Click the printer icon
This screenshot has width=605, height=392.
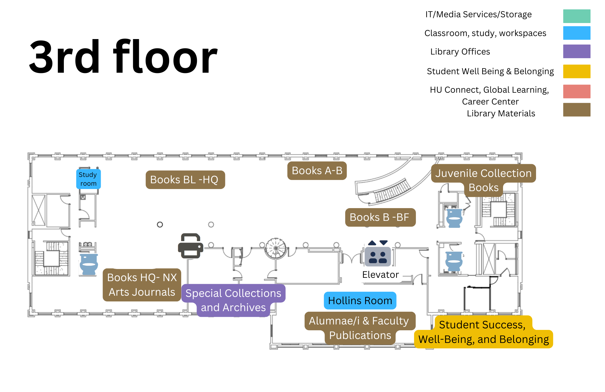pos(190,246)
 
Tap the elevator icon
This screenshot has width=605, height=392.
pos(378,256)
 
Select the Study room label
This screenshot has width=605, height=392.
pos(88,179)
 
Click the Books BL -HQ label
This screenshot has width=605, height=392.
pos(185,180)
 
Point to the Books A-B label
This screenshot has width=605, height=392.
pos(317,171)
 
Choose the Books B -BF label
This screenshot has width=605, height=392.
pos(380,217)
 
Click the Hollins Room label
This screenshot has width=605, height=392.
pos(360,301)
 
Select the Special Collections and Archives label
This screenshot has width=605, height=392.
pos(233,300)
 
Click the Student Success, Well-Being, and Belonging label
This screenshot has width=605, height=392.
pos(483,332)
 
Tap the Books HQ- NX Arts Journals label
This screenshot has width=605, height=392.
pos(142,285)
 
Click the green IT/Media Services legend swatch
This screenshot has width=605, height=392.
pos(576,16)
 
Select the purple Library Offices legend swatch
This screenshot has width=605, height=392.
pos(576,51)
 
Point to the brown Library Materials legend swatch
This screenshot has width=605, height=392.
pos(576,110)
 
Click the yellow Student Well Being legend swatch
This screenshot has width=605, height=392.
pos(576,71)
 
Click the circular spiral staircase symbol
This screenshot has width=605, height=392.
pos(276,248)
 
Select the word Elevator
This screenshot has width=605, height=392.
pos(380,275)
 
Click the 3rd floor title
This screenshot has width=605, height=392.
pos(123,57)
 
